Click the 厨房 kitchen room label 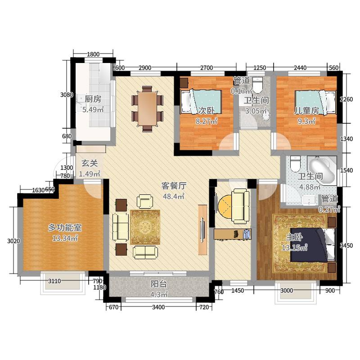click(92, 99)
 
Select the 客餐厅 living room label click(174, 185)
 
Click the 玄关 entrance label click(90, 163)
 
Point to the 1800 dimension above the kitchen click(93, 54)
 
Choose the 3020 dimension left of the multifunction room click(14, 241)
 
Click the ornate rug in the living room click(145, 226)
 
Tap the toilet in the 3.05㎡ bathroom click(257, 84)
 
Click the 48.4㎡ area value click(174, 196)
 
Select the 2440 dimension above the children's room click(300, 67)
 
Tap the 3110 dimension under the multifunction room click(55, 281)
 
